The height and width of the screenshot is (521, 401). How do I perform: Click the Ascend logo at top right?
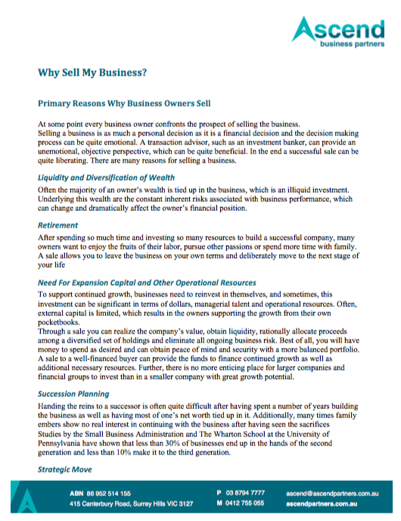(340, 33)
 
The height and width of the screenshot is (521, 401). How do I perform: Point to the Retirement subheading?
(58, 225)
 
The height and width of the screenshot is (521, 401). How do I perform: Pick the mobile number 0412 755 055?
(244, 502)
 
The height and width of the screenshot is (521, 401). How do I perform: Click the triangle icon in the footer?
(28, 499)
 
